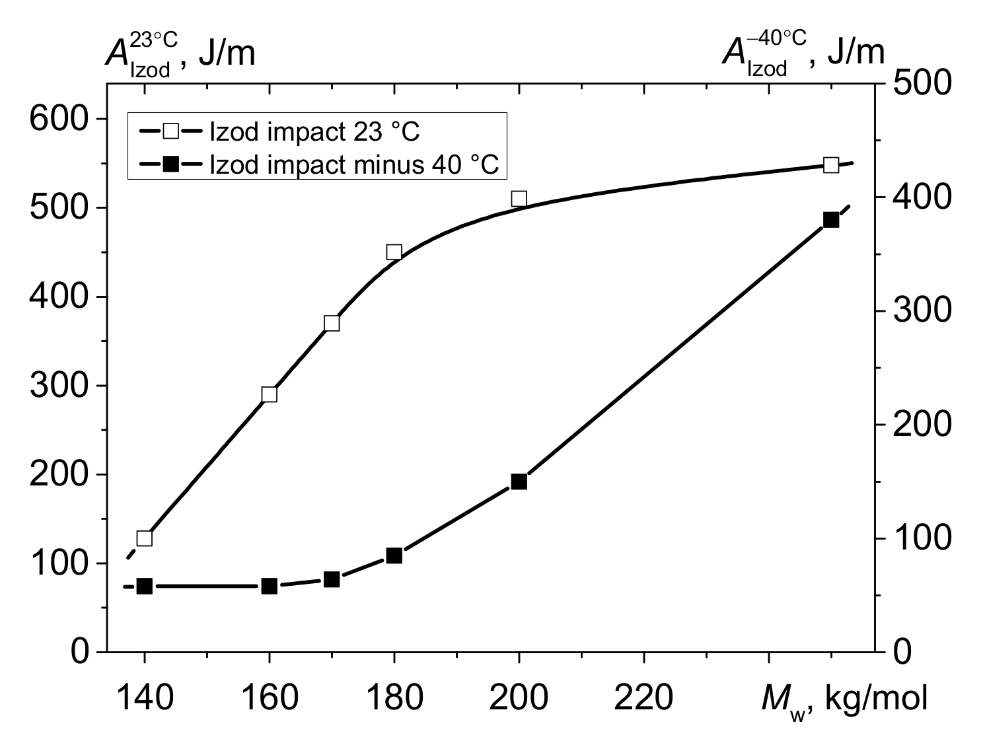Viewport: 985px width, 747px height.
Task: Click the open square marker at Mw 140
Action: pyautogui.click(x=145, y=538)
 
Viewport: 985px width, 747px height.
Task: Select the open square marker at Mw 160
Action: pyautogui.click(x=269, y=394)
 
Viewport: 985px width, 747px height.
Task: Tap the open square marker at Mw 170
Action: pyautogui.click(x=332, y=323)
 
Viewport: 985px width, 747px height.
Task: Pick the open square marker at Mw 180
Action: pyautogui.click(x=394, y=252)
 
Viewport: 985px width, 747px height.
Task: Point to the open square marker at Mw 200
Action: pyautogui.click(x=519, y=199)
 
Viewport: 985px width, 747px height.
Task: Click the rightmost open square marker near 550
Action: pyautogui.click(x=831, y=164)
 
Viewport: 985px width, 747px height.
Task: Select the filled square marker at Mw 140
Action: pyautogui.click(x=145, y=586)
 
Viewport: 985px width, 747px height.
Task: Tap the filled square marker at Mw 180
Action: pyautogui.click(x=394, y=555)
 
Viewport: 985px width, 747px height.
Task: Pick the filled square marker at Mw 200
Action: pyautogui.click(x=519, y=481)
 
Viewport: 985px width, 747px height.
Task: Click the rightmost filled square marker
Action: pyautogui.click(x=831, y=220)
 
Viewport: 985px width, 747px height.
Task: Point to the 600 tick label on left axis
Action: pyautogui.click(x=59, y=119)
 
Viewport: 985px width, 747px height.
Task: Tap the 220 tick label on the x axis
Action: pyautogui.click(x=643, y=698)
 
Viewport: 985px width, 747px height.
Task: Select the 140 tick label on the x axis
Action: pyautogui.click(x=145, y=698)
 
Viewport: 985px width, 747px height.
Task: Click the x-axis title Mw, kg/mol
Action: pyautogui.click(x=844, y=699)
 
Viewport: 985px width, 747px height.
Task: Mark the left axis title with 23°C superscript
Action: pyautogui.click(x=180, y=54)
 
